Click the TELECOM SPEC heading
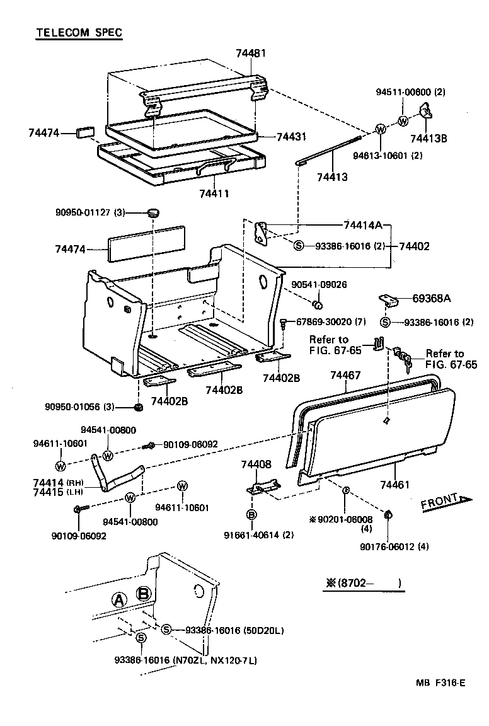[x=79, y=32]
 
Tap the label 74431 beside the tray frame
[x=292, y=137]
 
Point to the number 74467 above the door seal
[x=345, y=376]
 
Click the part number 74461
[x=394, y=485]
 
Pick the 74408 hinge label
[x=256, y=465]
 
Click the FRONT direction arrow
[x=446, y=502]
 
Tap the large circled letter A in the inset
[x=118, y=599]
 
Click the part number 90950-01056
[x=83, y=406]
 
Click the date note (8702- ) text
[x=364, y=584]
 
